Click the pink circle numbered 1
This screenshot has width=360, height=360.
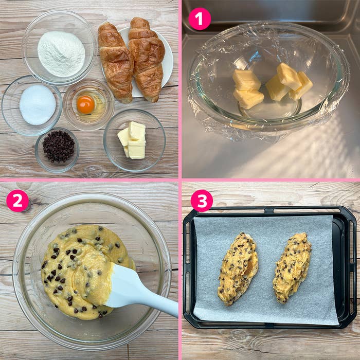click(200, 19)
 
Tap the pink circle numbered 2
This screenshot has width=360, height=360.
click(17, 201)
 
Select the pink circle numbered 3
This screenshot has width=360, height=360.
click(202, 201)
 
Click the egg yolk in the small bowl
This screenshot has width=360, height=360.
click(86, 104)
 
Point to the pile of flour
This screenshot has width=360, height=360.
click(61, 53)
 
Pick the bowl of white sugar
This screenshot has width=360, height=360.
click(32, 105)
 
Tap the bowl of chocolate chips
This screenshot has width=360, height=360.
click(57, 150)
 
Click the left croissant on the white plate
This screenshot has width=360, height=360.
click(116, 62)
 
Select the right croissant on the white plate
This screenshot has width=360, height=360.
click(147, 59)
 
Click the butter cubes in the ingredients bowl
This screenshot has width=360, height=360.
click(132, 140)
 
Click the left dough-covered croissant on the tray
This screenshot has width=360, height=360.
click(238, 268)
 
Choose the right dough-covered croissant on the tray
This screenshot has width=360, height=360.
click(292, 267)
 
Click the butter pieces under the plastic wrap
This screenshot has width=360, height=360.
click(272, 85)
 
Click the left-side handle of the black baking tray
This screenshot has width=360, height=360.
click(187, 266)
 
